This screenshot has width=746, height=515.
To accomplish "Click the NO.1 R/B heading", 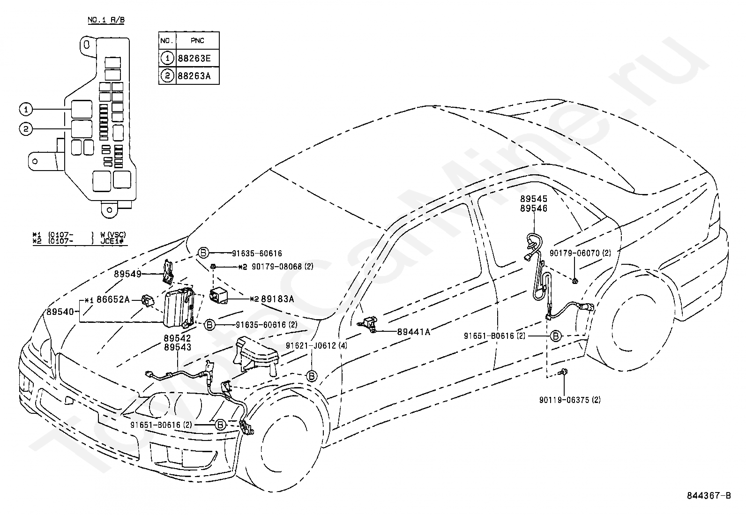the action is click(x=106, y=20).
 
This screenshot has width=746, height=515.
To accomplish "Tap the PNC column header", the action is click(x=197, y=41).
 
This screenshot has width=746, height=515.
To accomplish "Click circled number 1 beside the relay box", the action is click(x=26, y=109).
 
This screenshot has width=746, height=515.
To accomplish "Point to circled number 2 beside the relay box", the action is click(x=26, y=129).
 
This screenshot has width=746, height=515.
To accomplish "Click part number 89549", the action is click(x=127, y=274).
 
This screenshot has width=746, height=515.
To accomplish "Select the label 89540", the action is click(x=60, y=312).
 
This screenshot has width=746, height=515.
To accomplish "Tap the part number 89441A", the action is click(x=414, y=332).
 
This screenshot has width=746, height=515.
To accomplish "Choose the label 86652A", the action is click(x=113, y=299).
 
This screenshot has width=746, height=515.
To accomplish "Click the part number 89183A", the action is click(x=277, y=299).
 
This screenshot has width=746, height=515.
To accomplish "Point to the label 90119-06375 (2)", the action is click(x=570, y=400).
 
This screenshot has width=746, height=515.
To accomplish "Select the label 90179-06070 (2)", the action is click(x=580, y=253).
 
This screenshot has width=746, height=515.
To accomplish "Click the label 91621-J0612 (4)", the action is click(x=316, y=346).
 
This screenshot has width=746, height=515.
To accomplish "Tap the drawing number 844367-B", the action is click(x=709, y=496).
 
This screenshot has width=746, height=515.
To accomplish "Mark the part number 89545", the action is click(x=534, y=199).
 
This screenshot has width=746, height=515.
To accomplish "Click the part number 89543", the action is click(x=177, y=347).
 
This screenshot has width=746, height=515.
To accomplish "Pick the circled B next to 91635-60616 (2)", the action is click(x=209, y=324).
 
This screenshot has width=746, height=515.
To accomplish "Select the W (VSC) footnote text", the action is click(x=113, y=235).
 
